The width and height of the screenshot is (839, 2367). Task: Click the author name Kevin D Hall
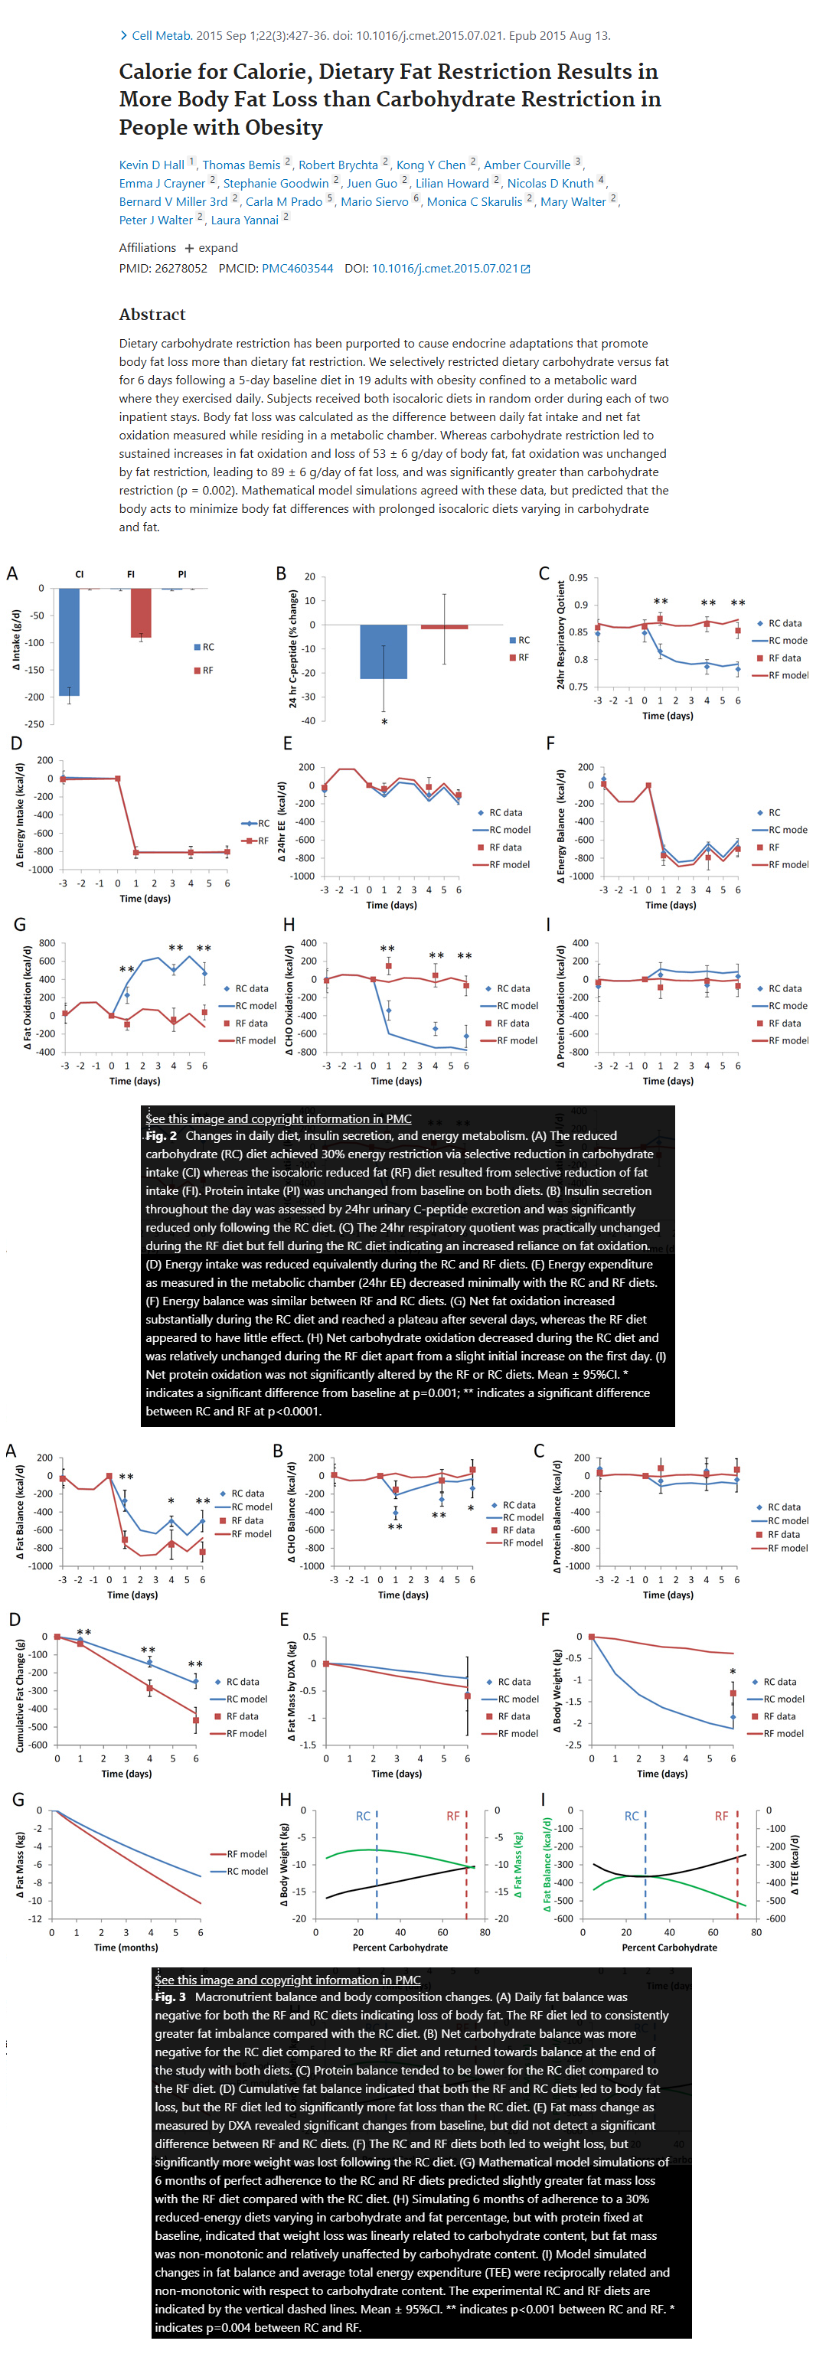(152, 165)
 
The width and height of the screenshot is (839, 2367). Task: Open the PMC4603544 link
(297, 268)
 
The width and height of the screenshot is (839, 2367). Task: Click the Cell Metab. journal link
(162, 36)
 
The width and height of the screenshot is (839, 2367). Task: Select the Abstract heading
(152, 315)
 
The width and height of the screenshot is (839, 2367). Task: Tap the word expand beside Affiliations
(218, 247)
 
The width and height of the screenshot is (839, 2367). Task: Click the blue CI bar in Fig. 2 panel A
(69, 642)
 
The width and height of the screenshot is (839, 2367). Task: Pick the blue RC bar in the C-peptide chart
(384, 651)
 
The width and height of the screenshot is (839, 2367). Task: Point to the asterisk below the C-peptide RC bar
(384, 722)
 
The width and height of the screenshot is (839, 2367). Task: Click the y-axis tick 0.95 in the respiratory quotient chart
(578, 577)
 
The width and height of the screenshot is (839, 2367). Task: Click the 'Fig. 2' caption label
(162, 1136)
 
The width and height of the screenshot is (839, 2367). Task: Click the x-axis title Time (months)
(126, 1947)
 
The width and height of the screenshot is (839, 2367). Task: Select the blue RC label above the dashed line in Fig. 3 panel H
(363, 1816)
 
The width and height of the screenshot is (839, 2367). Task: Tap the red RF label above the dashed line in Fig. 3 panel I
(721, 1816)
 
